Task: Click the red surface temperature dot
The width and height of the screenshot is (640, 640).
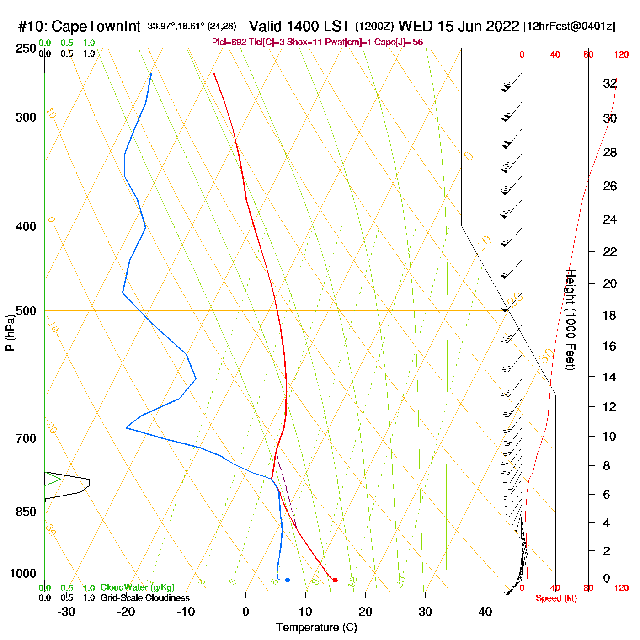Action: tap(335, 580)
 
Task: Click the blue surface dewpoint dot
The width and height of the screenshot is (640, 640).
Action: tap(288, 580)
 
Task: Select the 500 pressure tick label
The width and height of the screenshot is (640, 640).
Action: tap(26, 311)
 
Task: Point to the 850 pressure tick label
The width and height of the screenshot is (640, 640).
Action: tap(26, 512)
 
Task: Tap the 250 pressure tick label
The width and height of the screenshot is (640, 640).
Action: tap(26, 48)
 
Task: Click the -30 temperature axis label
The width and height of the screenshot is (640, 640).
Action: tap(66, 612)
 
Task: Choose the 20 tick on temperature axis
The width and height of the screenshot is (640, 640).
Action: tap(365, 612)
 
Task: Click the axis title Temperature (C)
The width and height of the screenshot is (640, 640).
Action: tap(316, 627)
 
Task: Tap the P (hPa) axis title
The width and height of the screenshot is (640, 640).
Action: tap(10, 332)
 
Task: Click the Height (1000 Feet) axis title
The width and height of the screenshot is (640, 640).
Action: tap(571, 320)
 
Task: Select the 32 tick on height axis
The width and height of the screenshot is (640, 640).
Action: tap(610, 84)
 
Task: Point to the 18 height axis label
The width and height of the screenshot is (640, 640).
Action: tap(609, 315)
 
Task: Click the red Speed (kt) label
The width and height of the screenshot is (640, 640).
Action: tap(556, 598)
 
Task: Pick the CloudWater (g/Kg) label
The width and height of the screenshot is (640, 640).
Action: tap(137, 587)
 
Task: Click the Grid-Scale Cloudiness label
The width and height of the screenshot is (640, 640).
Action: tap(145, 598)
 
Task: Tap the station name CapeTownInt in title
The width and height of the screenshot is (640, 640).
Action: tap(96, 27)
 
